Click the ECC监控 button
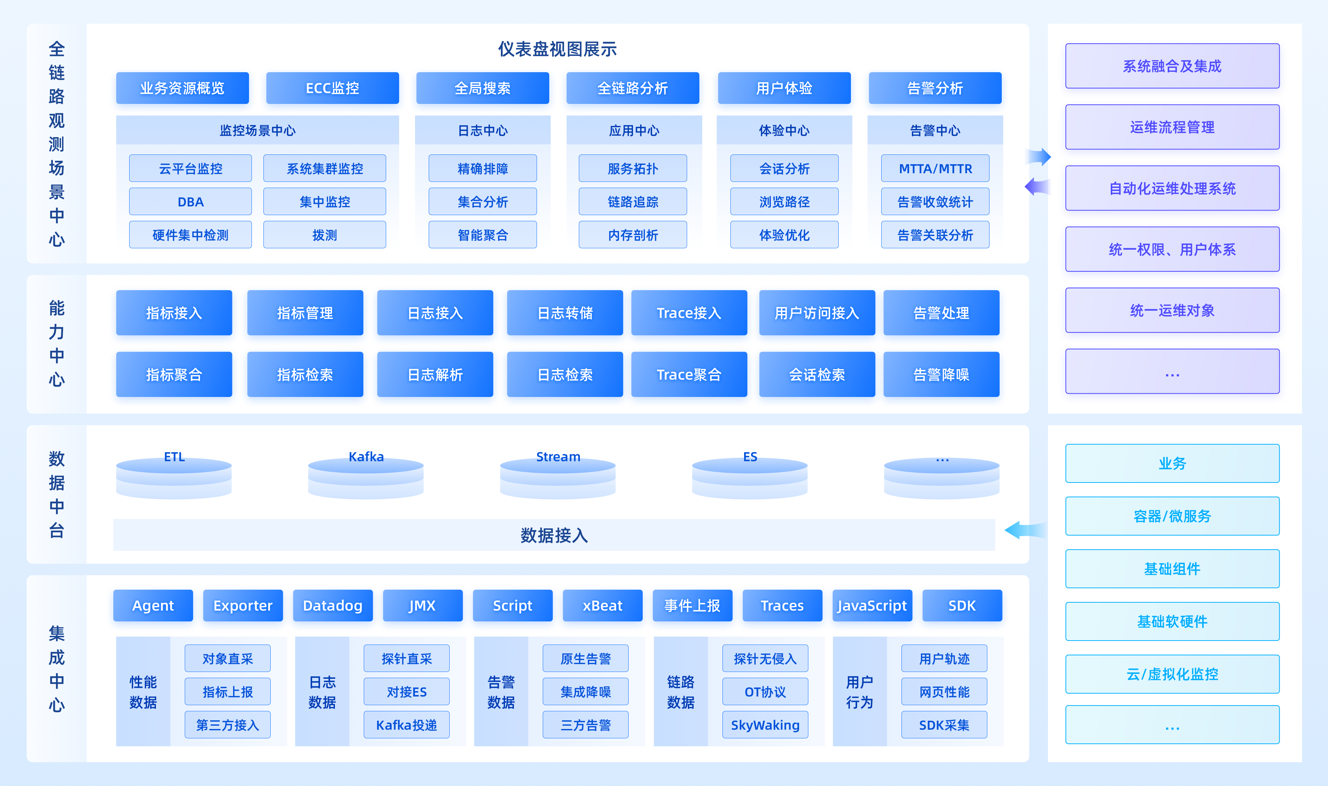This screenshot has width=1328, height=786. click(332, 88)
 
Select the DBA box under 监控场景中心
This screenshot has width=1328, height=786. click(191, 202)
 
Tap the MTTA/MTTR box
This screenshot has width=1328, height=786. click(935, 169)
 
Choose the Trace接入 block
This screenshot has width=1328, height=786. click(689, 313)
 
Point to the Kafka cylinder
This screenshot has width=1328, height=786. click(366, 477)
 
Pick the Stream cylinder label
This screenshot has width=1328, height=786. click(558, 457)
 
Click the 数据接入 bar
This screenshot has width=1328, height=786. click(554, 535)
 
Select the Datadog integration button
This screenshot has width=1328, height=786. click(332, 606)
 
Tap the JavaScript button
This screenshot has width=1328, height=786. click(872, 606)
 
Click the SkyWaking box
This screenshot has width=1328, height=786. click(765, 725)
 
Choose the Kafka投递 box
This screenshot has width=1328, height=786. click(407, 725)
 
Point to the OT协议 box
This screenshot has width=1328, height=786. click(765, 692)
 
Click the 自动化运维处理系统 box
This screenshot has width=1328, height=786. click(1172, 188)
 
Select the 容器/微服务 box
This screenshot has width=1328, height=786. click(1172, 516)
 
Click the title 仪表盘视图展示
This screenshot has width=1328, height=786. click(558, 49)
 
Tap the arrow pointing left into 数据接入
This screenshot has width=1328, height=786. click(1025, 530)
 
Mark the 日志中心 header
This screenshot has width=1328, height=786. click(483, 130)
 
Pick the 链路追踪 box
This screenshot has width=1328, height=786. click(633, 202)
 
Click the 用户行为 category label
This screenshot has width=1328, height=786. click(859, 692)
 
